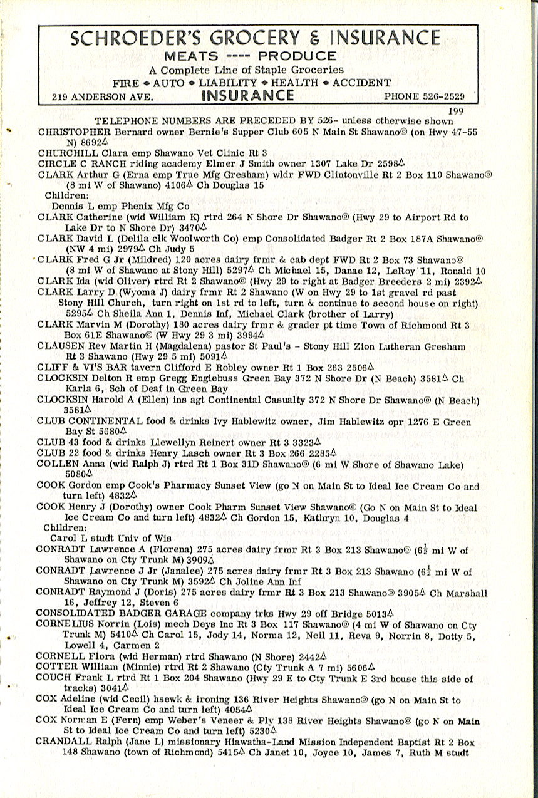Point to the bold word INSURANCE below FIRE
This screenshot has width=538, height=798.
point(247,95)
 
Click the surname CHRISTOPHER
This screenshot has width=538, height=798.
point(75,132)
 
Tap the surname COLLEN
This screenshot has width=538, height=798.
point(56,464)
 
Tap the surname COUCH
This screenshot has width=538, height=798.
point(54,678)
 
